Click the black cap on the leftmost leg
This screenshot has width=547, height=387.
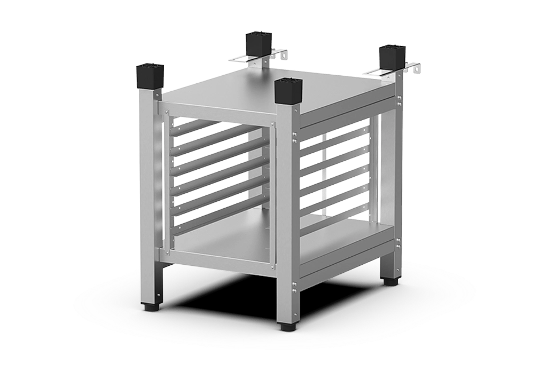(x=149, y=76)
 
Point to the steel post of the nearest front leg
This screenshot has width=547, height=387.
(x=288, y=214)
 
